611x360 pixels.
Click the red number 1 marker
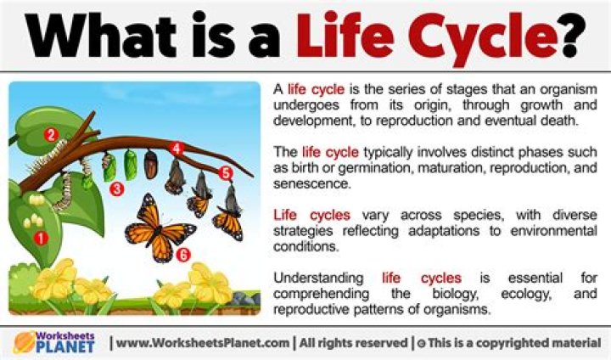tap(41, 238)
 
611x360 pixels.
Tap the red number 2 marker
tap(51, 135)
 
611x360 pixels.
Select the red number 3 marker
tap(116, 189)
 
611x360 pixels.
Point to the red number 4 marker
tap(177, 149)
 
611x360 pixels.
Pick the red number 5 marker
tap(226, 173)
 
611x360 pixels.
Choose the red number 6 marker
tap(182, 255)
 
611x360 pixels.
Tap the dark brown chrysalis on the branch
tap(150, 164)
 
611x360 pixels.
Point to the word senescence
tap(311, 183)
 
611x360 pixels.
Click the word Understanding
tap(318, 278)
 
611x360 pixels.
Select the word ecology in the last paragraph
tap(526, 294)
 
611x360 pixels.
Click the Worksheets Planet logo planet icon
tap(24, 342)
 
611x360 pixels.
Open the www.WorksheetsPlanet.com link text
tap(203, 343)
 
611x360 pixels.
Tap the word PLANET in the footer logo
tap(65, 346)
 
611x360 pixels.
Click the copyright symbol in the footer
tap(421, 344)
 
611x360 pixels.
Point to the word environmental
tap(553, 231)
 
